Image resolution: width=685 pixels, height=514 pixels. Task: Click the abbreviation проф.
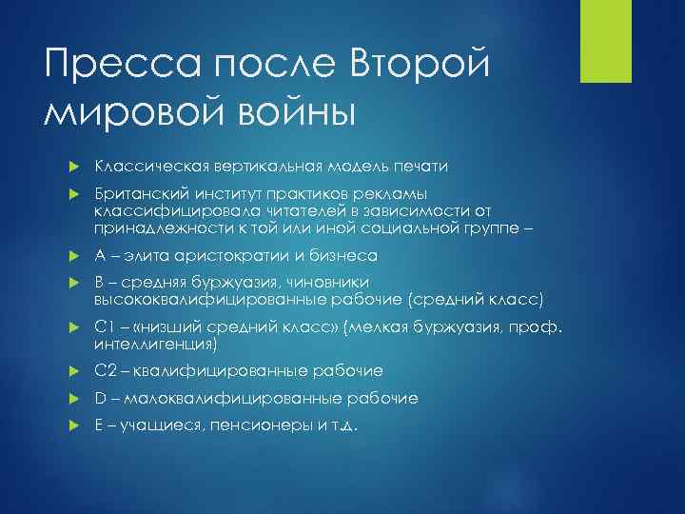click(x=543, y=327)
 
